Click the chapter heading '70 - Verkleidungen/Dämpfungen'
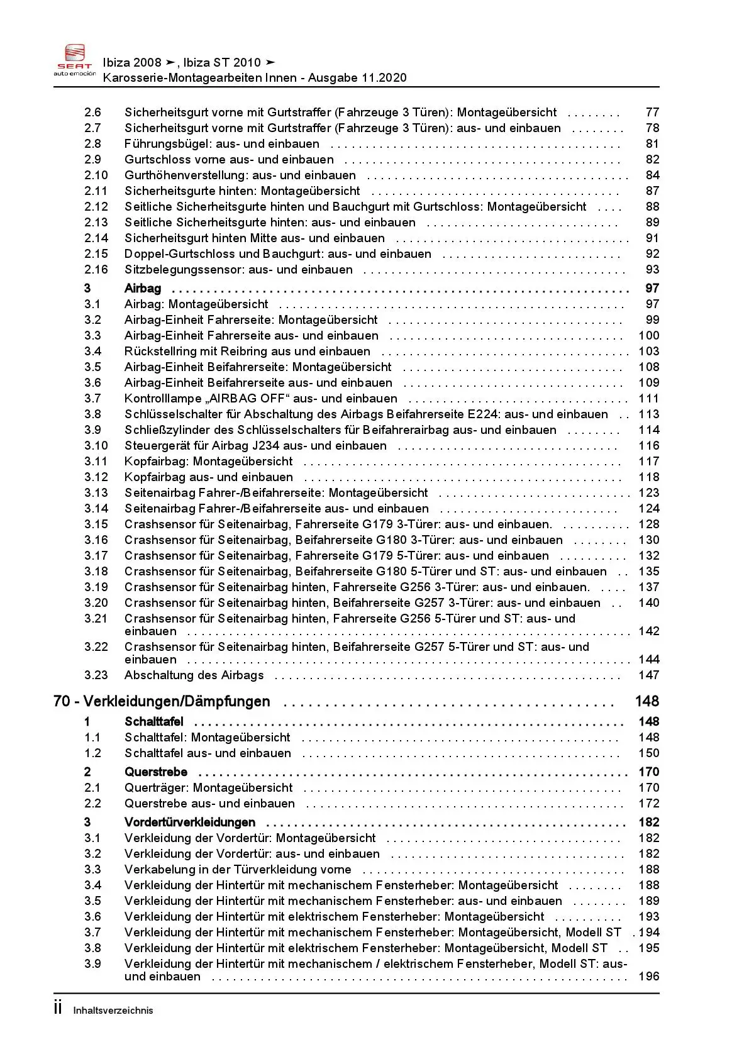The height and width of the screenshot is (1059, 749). tap(162, 701)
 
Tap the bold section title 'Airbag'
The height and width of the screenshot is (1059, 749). tap(143, 289)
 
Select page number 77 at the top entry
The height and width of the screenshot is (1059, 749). tap(652, 113)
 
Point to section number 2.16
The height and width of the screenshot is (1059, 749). tap(96, 270)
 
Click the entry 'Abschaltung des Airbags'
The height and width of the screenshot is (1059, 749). tap(194, 675)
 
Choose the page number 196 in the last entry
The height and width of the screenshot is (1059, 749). tap(648, 977)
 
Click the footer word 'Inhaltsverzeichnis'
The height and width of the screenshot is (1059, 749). tap(113, 1011)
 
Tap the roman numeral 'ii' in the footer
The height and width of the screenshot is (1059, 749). tap(58, 1009)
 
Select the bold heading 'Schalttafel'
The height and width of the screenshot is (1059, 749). tap(154, 722)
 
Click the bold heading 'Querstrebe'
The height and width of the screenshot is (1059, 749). tap(156, 772)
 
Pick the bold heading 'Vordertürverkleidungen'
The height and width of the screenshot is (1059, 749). tap(190, 823)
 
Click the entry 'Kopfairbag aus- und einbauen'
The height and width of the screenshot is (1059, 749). tap(209, 477)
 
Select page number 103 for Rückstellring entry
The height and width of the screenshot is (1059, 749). tap(648, 352)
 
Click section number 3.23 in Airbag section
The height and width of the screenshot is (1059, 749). tap(96, 675)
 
